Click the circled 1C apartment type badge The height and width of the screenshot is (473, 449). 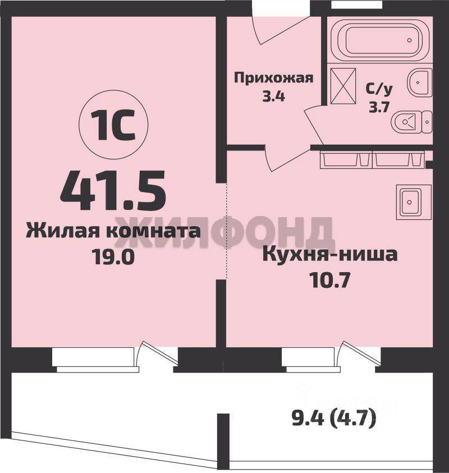click(x=113, y=125)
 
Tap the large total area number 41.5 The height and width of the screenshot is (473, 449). click(x=113, y=190)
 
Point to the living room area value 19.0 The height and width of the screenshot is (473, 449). click(x=113, y=258)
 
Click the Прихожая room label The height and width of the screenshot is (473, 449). click(x=274, y=78)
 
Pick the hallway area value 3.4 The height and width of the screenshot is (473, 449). click(x=274, y=97)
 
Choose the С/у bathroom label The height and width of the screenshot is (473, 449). click(x=379, y=89)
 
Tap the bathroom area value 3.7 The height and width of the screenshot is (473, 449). click(x=379, y=107)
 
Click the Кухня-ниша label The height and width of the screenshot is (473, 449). click(x=330, y=255)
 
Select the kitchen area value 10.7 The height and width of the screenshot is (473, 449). click(x=330, y=281)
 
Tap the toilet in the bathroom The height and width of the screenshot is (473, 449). click(x=411, y=122)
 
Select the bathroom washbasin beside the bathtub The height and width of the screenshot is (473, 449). click(x=420, y=81)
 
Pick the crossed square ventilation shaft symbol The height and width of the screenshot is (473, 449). click(x=343, y=86)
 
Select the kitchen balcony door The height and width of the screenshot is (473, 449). click(x=359, y=355)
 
